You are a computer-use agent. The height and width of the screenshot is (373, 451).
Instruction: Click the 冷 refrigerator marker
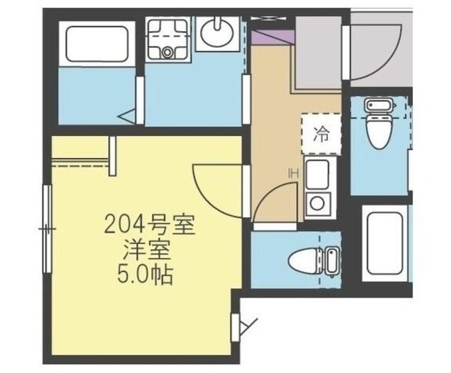(321, 134)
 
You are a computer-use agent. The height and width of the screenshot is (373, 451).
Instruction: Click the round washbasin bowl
(216, 32)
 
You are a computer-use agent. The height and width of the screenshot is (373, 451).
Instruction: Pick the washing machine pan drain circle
(168, 51)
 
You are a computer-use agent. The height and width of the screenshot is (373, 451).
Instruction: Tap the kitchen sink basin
(315, 172)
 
